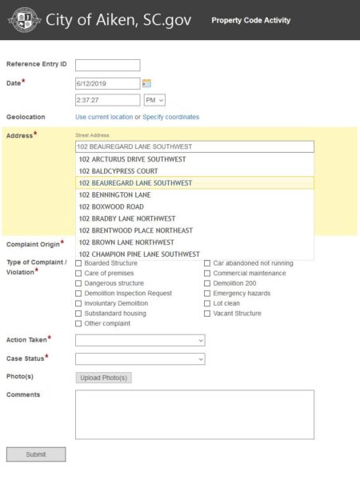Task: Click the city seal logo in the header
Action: tap(24, 20)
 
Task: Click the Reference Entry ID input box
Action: tap(107, 65)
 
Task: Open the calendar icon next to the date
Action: tap(146, 83)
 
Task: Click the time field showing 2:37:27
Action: tap(107, 100)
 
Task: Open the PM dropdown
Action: tap(154, 100)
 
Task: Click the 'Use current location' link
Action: tap(104, 117)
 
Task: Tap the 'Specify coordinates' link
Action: tap(170, 117)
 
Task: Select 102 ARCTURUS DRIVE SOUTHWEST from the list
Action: tap(132, 159)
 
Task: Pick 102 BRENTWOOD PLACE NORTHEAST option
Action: tap(135, 230)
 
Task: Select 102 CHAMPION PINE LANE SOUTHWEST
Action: tap(139, 254)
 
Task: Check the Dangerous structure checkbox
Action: tap(78, 283)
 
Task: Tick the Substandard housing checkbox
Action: tap(78, 314)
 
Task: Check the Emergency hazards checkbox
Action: tap(207, 294)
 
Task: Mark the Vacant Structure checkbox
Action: tap(207, 314)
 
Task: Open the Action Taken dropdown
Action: tap(140, 340)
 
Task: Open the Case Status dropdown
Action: tap(140, 358)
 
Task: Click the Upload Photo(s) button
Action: tap(103, 378)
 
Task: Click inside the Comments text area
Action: tap(194, 414)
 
